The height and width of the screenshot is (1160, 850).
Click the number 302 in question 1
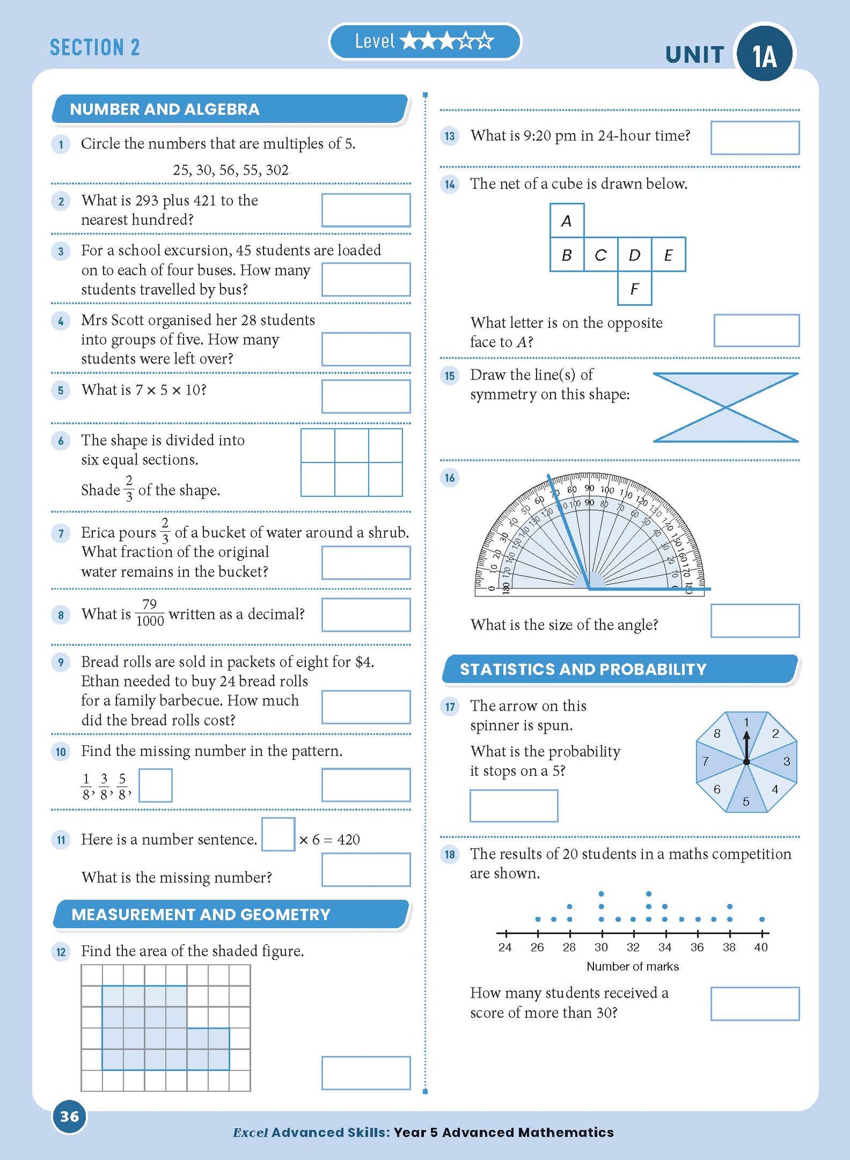point(277,171)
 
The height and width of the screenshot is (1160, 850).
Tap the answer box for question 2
point(365,211)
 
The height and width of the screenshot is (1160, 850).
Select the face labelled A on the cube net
point(566,221)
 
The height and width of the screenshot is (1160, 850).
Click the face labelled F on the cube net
point(634,288)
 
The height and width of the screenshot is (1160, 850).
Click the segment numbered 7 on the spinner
point(708,761)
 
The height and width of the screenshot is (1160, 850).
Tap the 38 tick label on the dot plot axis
point(729,947)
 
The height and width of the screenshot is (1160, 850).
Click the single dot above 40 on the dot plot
point(762,919)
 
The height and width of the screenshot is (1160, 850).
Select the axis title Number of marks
point(632,966)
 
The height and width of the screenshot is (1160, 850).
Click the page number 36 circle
point(69,1116)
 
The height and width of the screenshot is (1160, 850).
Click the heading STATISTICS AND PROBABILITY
point(582,669)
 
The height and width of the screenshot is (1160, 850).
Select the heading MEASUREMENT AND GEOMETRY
point(201,914)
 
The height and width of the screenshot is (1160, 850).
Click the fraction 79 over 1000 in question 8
point(149,613)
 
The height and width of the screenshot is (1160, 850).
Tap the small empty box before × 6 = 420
point(278,834)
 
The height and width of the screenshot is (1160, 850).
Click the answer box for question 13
point(754,138)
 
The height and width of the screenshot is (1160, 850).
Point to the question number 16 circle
point(450,478)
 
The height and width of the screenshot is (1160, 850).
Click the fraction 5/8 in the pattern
point(122,786)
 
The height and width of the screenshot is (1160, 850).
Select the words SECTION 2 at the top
point(95,48)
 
